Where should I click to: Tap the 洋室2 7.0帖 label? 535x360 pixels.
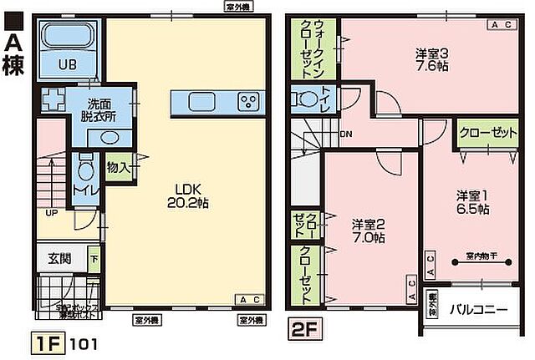coord(368,231)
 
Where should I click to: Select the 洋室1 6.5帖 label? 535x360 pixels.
coord(472,202)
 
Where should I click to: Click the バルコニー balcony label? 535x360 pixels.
coord(478,309)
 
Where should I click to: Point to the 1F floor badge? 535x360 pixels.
coord(49,342)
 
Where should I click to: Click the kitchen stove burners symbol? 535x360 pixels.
coord(248,103)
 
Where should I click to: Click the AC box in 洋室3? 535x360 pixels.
coord(501,26)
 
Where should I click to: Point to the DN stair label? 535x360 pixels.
coord(345,134)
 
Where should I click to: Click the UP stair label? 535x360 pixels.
coord(50,212)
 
